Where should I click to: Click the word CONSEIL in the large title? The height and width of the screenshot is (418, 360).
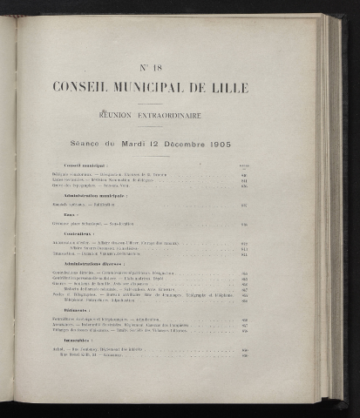[x=83, y=88]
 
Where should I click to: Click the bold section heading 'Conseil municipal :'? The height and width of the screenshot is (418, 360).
[x=85, y=165]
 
